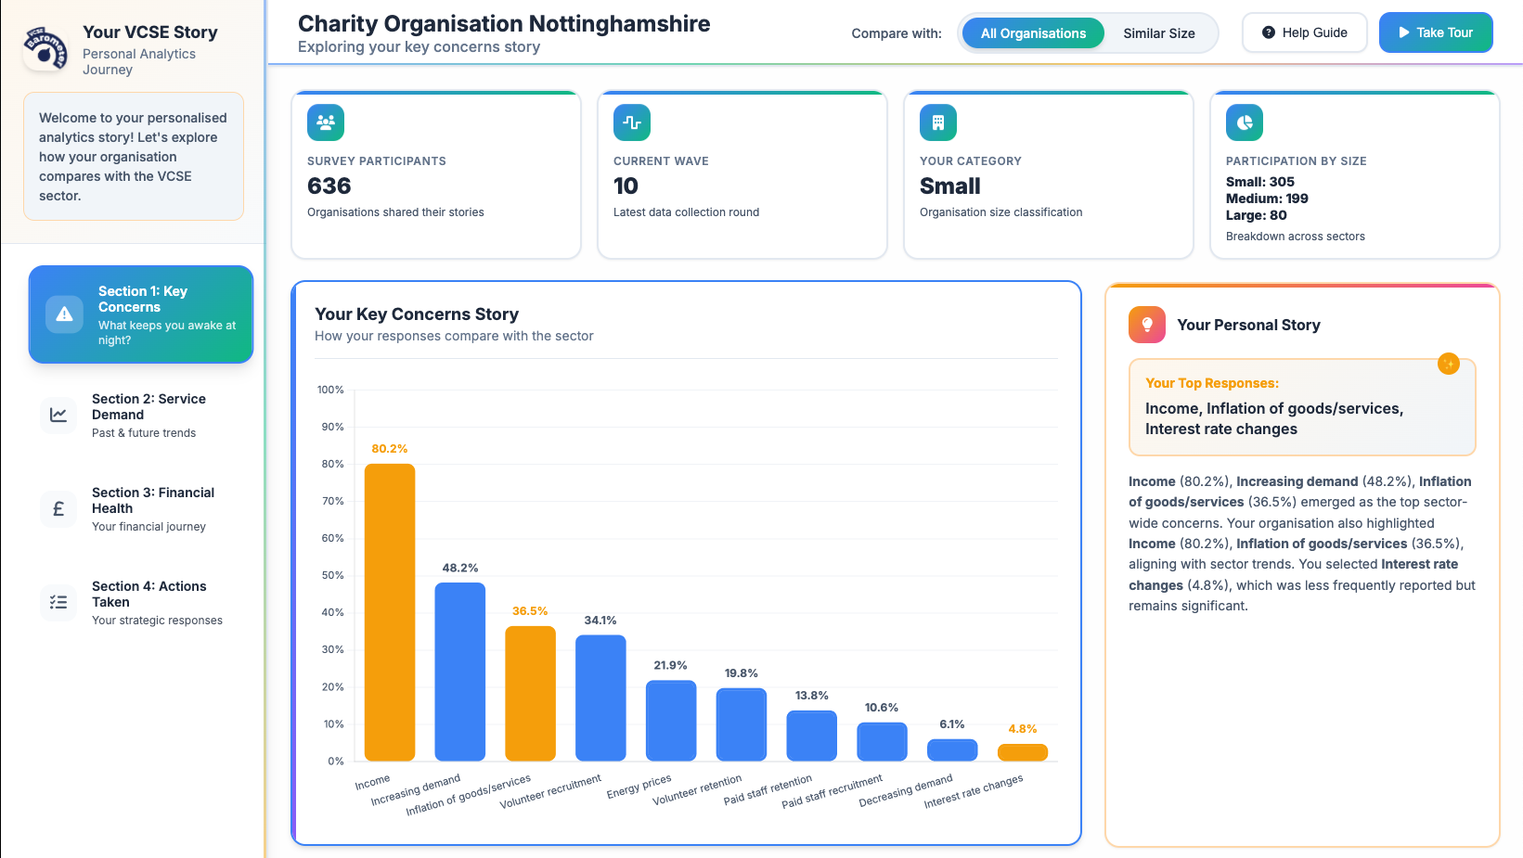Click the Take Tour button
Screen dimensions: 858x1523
[1435, 32]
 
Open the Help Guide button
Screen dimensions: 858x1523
[1304, 32]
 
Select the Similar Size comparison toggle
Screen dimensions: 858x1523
[1158, 33]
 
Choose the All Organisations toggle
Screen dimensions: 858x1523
[1032, 33]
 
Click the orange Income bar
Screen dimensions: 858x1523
[390, 612]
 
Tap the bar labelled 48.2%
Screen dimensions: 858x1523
[460, 672]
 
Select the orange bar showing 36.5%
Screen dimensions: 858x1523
[530, 693]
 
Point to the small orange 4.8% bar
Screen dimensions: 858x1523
[1022, 752]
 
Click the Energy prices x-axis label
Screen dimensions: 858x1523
[639, 787]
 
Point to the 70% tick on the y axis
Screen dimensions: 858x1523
[332, 501]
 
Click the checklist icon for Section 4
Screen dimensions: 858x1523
[58, 602]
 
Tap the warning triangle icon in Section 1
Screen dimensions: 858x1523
[64, 314]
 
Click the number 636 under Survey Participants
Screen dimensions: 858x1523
[329, 186]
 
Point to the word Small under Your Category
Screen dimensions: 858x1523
[949, 186]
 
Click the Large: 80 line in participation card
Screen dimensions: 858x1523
[1256, 215]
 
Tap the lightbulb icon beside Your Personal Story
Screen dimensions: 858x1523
[1146, 325]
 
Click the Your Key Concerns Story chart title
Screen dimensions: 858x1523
[417, 314]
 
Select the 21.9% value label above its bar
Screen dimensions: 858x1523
[670, 665]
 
